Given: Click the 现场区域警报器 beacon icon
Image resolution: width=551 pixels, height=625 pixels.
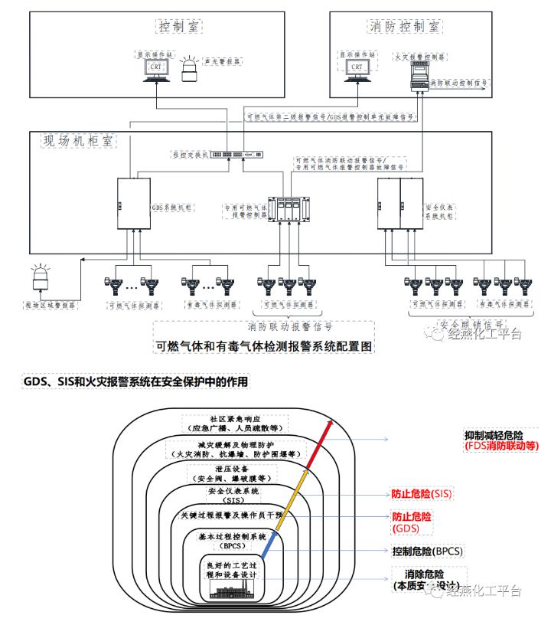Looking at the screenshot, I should (x=40, y=281).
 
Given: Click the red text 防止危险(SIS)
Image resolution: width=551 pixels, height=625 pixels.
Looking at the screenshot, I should (x=422, y=494).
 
